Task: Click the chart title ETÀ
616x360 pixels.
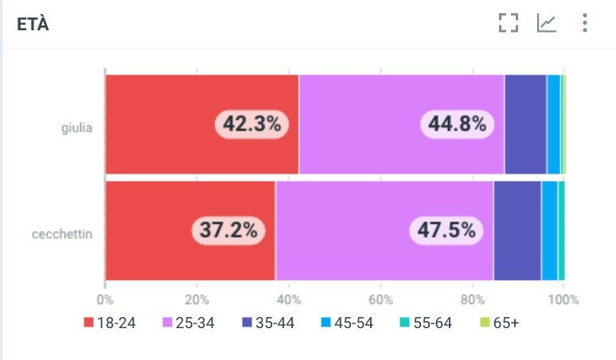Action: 33,24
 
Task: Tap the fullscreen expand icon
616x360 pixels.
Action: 508,23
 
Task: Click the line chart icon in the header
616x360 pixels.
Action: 546,23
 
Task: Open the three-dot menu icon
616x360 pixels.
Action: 585,23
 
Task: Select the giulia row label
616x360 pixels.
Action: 77,126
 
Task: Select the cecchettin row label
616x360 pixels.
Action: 63,234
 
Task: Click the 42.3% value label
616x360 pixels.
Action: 251,124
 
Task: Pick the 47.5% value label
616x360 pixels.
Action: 446,231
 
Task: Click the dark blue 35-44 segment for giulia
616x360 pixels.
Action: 524,124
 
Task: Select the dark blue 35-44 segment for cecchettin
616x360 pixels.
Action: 517,231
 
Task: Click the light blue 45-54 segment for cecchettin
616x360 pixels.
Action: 548,231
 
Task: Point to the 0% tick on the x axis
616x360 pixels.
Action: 105,300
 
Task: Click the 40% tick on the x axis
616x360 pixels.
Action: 289,300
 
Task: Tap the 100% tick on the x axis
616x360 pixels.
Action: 564,300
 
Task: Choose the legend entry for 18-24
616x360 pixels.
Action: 110,323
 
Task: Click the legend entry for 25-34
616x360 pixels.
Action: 189,323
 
